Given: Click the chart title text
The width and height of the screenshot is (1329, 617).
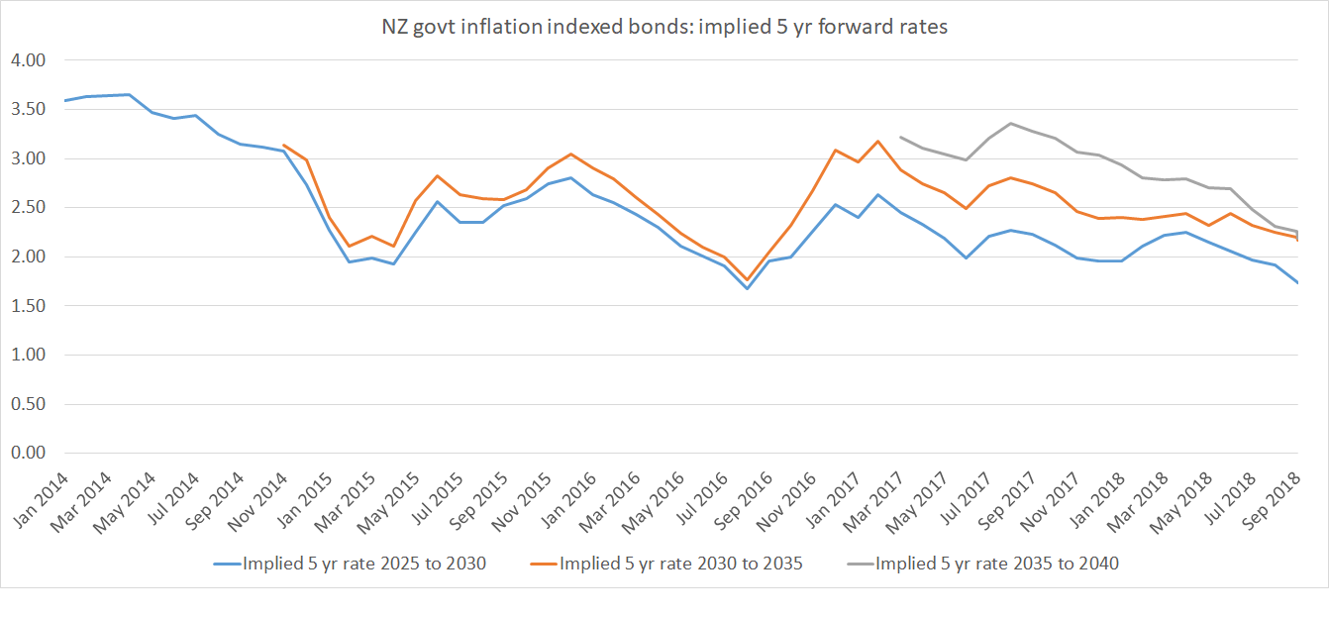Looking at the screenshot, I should (664, 28).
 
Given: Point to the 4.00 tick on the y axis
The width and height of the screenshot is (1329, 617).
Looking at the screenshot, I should (29, 60).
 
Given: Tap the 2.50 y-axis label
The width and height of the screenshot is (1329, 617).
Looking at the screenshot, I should (29, 208).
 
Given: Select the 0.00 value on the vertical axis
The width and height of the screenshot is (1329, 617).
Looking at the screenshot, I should (29, 454).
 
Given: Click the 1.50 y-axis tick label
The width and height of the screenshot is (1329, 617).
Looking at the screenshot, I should (29, 306).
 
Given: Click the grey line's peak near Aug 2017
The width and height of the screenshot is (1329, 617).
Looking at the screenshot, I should (1010, 124).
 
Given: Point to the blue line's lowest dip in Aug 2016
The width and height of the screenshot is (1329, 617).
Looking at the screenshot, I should (747, 288).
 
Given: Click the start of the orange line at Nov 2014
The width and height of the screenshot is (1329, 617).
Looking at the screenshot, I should (285, 146).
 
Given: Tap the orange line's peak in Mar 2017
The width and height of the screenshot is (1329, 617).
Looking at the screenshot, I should (878, 142).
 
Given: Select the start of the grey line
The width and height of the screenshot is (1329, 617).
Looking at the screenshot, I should (900, 138).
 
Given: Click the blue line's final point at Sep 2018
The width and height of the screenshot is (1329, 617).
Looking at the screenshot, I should (1296, 283).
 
